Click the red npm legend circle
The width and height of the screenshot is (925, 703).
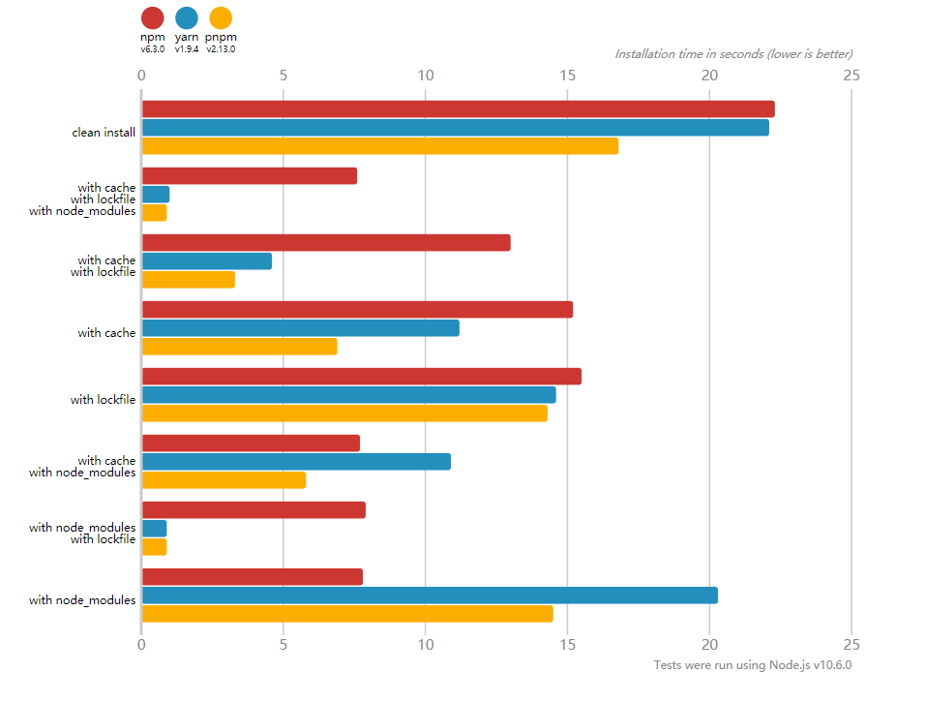152,17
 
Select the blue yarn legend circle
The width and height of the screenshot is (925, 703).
187,17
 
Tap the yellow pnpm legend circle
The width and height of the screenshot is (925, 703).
221,17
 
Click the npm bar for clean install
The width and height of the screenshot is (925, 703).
458,109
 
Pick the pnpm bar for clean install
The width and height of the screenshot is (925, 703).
379,146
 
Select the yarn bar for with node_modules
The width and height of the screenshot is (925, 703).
430,596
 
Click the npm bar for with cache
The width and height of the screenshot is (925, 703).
357,310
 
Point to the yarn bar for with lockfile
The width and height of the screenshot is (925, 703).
348,395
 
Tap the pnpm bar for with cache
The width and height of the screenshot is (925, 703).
239,347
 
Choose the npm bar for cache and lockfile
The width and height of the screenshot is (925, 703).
325,243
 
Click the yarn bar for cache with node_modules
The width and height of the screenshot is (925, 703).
296,462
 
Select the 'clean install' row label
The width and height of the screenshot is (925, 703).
104,132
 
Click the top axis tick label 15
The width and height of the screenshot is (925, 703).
567,75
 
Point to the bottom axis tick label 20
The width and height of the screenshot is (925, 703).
709,644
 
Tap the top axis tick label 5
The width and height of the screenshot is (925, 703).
283,75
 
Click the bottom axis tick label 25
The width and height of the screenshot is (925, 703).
850,644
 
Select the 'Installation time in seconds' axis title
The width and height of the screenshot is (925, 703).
733,54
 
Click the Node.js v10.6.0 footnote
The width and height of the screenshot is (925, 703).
752,665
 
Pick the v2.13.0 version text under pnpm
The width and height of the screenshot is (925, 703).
221,48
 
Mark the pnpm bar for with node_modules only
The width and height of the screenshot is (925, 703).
346,614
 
